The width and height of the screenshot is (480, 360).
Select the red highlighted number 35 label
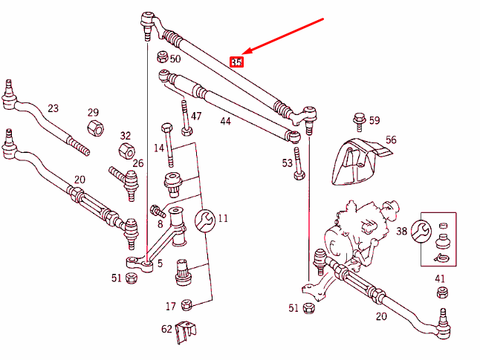pos(236,62)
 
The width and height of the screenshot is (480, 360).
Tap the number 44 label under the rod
pos(225,120)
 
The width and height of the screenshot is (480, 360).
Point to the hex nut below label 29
pos(95,128)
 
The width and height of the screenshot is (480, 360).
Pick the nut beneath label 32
pos(126,151)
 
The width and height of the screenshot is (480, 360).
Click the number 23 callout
pos(53,108)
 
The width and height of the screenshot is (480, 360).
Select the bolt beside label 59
pos(359,119)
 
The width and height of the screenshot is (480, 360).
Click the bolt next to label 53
pos(298,164)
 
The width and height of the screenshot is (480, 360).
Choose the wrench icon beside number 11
pos(204,220)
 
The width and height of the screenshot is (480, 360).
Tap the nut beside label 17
pos(187,304)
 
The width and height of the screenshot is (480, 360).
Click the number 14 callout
pos(158,148)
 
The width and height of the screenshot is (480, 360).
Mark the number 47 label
pos(196,117)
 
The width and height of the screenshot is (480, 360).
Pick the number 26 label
pos(138,163)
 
